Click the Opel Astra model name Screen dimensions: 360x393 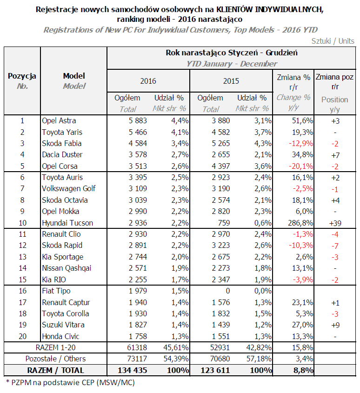[x=59, y=121]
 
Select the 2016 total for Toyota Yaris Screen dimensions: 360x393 [x=138, y=132]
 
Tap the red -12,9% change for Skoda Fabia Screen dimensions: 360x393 [x=300, y=144]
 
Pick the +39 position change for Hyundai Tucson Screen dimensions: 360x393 [x=335, y=223]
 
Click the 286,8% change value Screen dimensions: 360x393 [x=300, y=223]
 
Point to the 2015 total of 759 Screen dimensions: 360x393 [x=224, y=223]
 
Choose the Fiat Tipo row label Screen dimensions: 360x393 [x=56, y=291]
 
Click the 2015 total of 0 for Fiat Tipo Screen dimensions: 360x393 [x=227, y=291]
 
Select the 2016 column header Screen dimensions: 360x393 [x=148, y=81]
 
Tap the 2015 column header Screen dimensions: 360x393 [x=231, y=81]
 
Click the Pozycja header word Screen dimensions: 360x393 [x=22, y=76]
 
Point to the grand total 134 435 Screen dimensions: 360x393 [x=133, y=370]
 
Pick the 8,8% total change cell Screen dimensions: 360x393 [x=303, y=370]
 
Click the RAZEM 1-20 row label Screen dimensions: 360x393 [x=55, y=347]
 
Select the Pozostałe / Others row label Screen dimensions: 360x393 [x=55, y=359]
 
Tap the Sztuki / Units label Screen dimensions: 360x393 [x=333, y=41]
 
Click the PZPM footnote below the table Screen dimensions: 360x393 [x=70, y=382]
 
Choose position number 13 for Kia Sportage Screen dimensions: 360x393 [x=22, y=257]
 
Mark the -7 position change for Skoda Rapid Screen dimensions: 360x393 [x=335, y=246]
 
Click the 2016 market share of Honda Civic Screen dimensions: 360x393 [x=180, y=336]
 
